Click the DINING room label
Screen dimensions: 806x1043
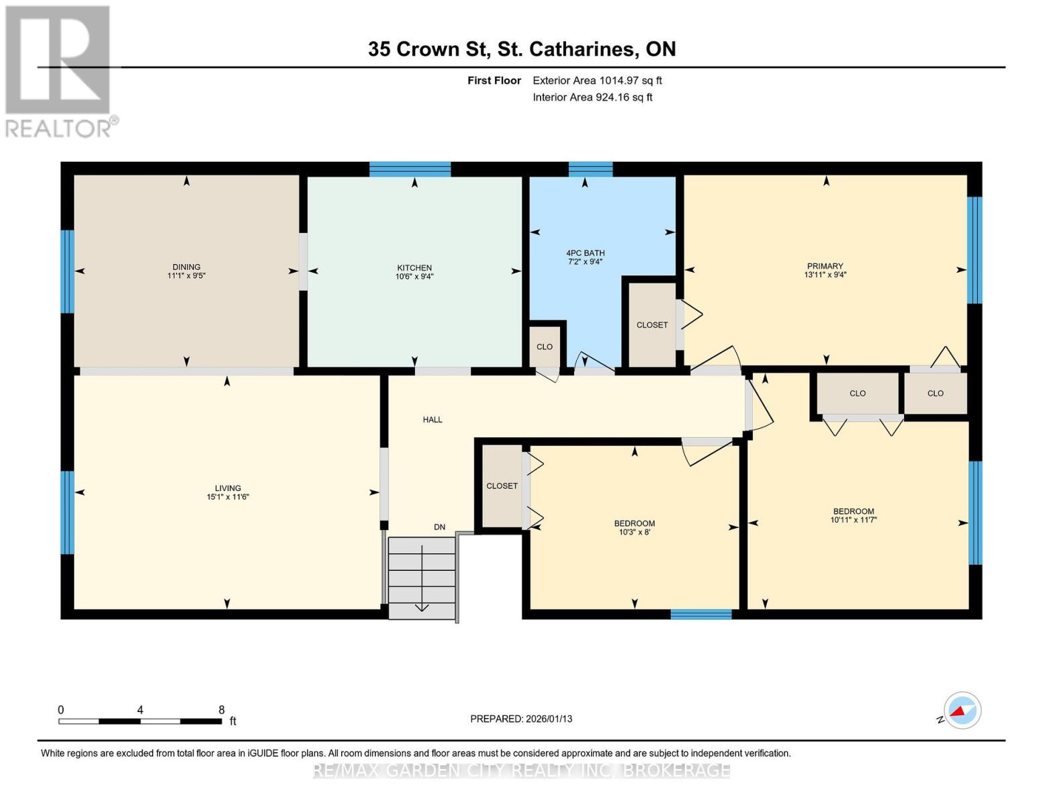186,267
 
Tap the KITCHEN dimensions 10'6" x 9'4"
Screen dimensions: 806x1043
414,276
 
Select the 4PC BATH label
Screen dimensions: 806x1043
585,253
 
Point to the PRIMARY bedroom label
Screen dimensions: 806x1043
825,266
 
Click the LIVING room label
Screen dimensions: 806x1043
228,488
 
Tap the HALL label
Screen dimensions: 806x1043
433,420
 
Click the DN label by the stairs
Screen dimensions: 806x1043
439,527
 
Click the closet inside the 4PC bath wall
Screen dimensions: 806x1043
652,325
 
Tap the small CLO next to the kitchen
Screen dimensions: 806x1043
545,347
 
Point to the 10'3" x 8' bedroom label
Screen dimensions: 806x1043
634,528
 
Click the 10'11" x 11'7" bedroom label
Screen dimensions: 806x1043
854,515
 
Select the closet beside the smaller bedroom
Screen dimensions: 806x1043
502,486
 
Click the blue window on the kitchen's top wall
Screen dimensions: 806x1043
410,169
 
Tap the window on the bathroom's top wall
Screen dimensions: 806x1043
590,169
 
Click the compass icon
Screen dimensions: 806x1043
962,711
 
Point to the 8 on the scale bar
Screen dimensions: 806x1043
221,710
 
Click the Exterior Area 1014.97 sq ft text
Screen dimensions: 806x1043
597,81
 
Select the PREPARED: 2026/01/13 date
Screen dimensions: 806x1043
521,719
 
